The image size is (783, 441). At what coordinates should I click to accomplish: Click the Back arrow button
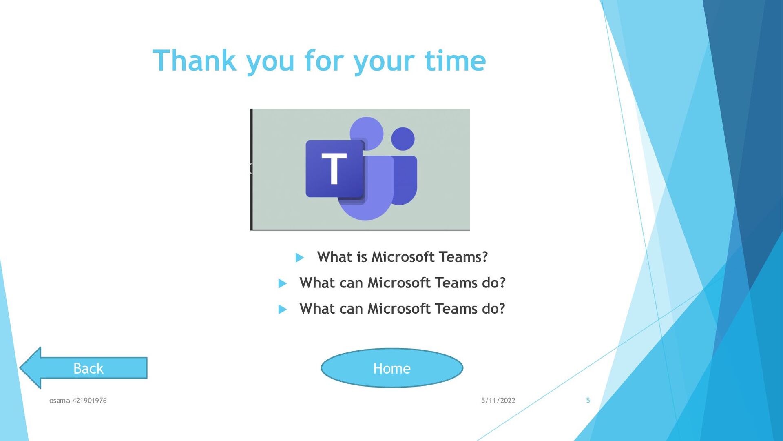(84, 368)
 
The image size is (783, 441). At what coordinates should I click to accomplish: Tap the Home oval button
(392, 368)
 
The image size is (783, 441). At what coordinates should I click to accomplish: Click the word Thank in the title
(195, 60)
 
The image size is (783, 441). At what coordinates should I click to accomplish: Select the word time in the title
(456, 60)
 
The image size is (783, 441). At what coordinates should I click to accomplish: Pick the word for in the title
(324, 60)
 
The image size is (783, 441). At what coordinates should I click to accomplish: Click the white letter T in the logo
(334, 168)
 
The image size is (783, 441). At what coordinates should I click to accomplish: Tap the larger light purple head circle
(367, 134)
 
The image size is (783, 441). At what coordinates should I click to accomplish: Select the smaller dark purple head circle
(403, 139)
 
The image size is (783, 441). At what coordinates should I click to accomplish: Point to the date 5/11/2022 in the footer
(498, 401)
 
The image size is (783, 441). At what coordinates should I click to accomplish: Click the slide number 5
(588, 400)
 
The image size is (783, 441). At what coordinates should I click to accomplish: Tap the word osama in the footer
(60, 401)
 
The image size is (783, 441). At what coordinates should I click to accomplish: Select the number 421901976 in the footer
(89, 401)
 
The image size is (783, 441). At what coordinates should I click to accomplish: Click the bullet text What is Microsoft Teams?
(403, 257)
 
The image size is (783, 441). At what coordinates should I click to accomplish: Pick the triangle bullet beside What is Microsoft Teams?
(300, 258)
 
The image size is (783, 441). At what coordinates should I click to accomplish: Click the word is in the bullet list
(362, 257)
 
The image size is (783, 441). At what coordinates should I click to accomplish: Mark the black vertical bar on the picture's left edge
(251, 169)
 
